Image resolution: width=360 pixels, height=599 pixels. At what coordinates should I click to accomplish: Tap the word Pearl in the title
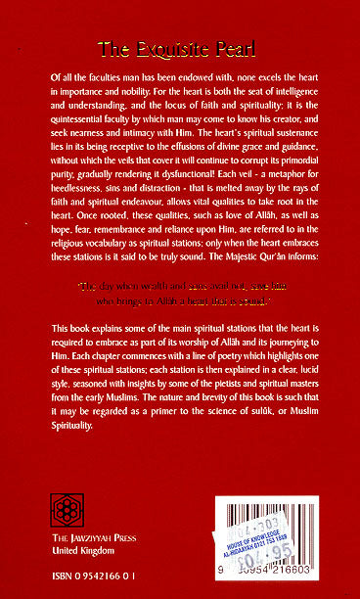pyautogui.click(x=237, y=47)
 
